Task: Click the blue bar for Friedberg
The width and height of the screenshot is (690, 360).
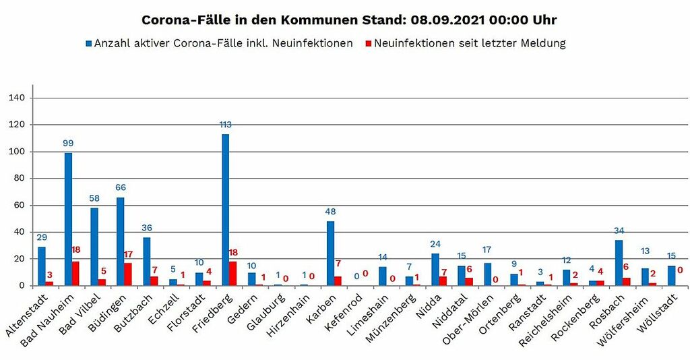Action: [225, 210]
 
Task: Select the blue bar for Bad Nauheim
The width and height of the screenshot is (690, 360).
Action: [68, 219]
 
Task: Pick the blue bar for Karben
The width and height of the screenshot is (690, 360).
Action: [330, 253]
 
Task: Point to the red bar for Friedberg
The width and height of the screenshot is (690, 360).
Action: [233, 274]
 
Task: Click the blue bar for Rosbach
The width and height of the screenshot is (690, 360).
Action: [619, 263]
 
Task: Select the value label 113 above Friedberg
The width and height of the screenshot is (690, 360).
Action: [225, 125]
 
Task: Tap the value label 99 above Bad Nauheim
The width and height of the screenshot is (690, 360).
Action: [68, 144]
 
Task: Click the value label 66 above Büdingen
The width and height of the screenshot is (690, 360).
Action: [121, 187]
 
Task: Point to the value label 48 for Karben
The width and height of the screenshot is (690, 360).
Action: [330, 212]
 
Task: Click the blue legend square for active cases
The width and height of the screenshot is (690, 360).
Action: [88, 44]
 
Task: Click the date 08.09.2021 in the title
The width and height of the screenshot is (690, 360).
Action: [445, 20]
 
